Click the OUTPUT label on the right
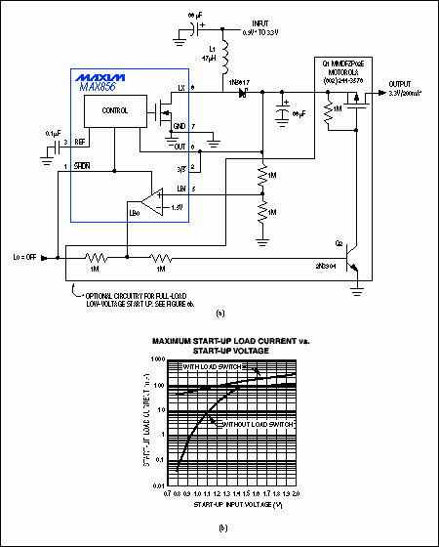(x=400, y=83)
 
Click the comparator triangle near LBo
(x=148, y=206)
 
